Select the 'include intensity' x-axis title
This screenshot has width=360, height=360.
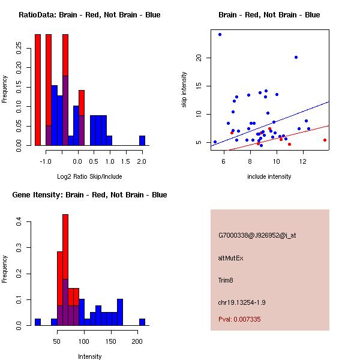click(x=269, y=177)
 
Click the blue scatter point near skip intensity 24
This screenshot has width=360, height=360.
click(x=220, y=34)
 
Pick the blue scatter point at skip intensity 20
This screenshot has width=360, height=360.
click(x=296, y=58)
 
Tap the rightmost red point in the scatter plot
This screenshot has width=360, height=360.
click(x=325, y=140)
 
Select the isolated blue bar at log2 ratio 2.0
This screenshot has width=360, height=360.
click(x=142, y=140)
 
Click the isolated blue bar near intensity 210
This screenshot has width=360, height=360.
click(x=142, y=322)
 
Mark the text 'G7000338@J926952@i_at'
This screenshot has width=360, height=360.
click(x=257, y=236)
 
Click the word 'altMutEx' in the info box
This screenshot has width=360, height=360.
click(x=231, y=258)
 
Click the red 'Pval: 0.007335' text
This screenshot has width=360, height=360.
click(x=239, y=320)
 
